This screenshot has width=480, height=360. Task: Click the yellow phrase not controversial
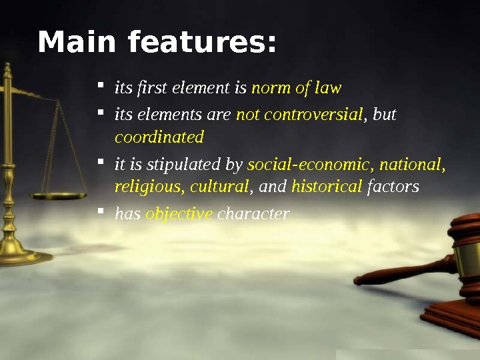pyautogui.click(x=299, y=115)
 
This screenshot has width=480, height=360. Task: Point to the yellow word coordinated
pyautogui.click(x=159, y=137)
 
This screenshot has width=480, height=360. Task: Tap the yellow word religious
pyautogui.click(x=149, y=187)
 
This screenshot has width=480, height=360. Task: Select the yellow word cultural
pyautogui.click(x=219, y=187)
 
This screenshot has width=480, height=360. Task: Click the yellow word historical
pyautogui.click(x=327, y=187)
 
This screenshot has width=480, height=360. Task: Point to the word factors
pyautogui.click(x=393, y=187)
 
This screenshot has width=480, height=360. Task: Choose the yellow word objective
pyautogui.click(x=179, y=215)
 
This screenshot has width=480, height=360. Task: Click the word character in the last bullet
pyautogui.click(x=254, y=215)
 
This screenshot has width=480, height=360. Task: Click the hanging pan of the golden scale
pyautogui.click(x=59, y=195)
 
